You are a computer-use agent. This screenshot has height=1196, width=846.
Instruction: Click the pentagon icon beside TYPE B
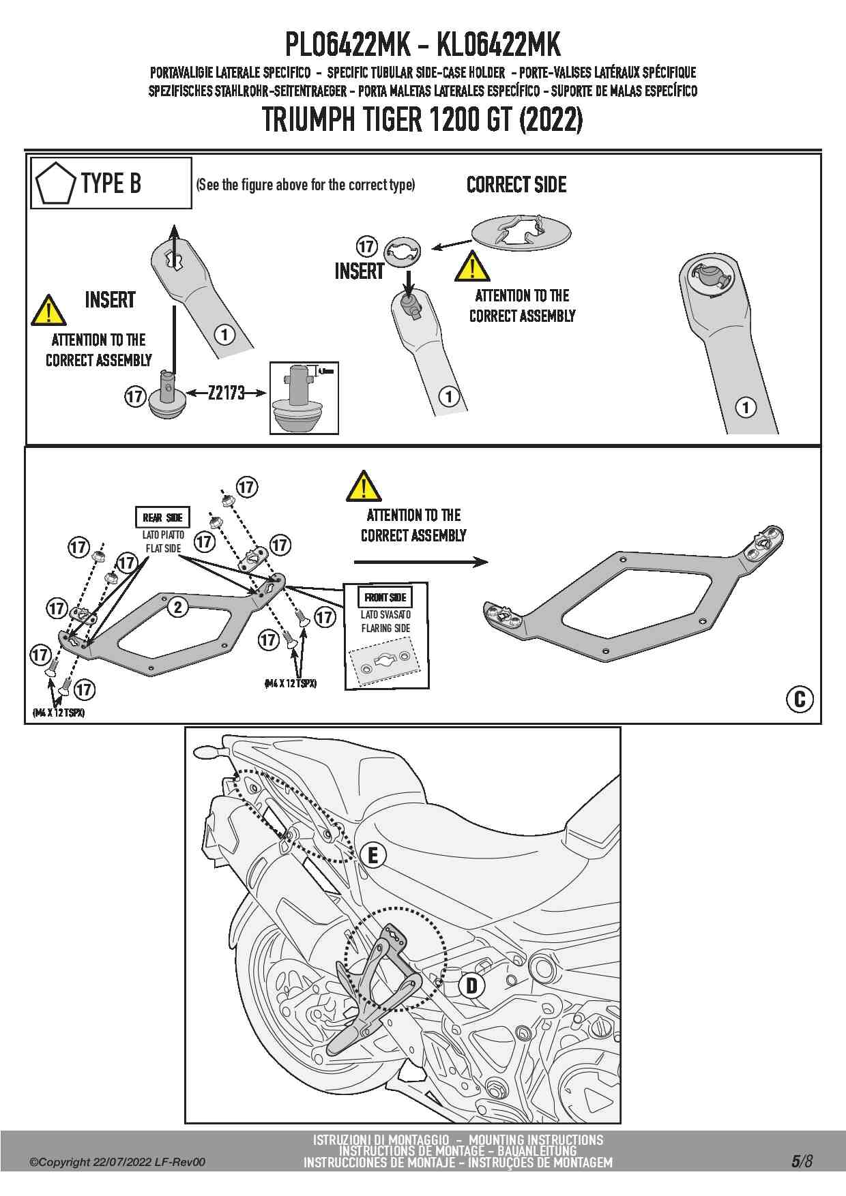click(57, 183)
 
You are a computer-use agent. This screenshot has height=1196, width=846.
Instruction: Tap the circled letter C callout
click(800, 699)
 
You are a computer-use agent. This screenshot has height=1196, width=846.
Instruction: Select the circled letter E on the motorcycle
click(373, 855)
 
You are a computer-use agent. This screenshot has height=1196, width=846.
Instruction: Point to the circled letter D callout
click(471, 985)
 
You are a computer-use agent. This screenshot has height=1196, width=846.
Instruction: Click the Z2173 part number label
click(226, 393)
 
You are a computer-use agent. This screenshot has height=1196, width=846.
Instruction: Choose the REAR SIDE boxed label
click(163, 518)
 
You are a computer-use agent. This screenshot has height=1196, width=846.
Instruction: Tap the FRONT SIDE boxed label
click(385, 597)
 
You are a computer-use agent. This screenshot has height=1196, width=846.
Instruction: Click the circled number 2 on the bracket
click(177, 607)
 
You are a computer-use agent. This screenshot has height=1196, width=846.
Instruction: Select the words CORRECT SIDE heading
click(516, 185)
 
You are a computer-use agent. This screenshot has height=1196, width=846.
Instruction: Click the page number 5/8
click(802, 1161)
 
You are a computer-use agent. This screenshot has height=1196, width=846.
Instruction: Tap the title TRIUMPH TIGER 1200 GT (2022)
click(422, 121)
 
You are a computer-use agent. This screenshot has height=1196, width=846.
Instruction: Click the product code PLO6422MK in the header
click(347, 46)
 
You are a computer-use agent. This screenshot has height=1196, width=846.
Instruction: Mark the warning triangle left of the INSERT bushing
click(48, 311)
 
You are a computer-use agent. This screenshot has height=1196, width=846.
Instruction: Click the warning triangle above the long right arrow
click(364, 486)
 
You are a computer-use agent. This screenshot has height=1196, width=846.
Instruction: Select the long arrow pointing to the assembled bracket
click(421, 562)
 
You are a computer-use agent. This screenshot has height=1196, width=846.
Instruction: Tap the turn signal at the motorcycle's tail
click(205, 751)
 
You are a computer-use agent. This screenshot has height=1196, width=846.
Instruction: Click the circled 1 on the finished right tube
click(746, 408)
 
